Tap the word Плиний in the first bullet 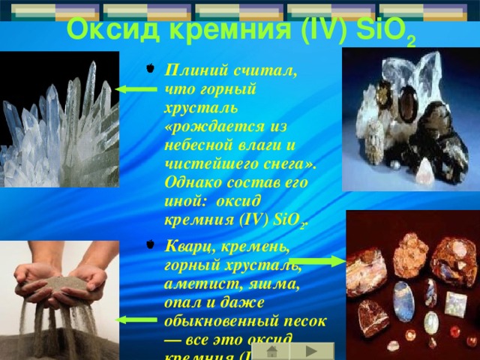(192, 71)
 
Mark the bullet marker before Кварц (150, 246)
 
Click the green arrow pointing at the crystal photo (136, 89)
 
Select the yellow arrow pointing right (316, 261)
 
